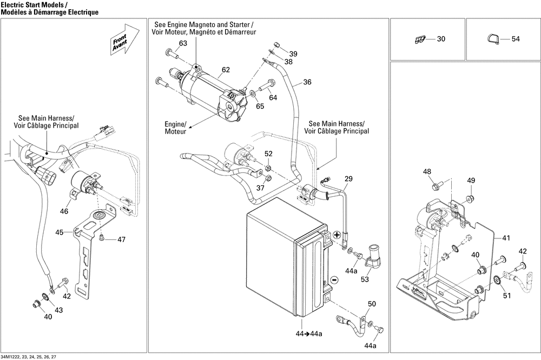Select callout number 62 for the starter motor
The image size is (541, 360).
tap(226, 70)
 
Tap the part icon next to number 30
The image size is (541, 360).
tap(419, 39)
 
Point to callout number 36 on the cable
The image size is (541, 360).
tap(307, 82)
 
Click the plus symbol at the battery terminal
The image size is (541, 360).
tap(337, 235)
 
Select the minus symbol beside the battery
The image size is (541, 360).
tap(334, 279)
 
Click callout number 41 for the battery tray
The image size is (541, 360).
tap(506, 238)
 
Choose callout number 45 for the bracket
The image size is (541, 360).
tap(60, 232)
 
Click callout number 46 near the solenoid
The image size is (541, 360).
tap(64, 211)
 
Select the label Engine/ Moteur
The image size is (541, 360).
tap(175, 128)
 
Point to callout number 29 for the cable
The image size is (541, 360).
tap(348, 179)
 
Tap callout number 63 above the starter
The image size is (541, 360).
tap(183, 43)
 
